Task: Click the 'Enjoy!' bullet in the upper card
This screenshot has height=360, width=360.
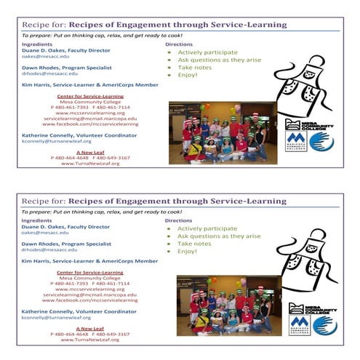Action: coord(187,75)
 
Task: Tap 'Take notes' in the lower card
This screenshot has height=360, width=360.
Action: coord(194,244)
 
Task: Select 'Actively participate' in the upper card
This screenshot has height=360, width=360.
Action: coord(202,52)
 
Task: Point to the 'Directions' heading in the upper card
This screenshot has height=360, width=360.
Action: coord(178,44)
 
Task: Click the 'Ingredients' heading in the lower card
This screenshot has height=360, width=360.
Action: coord(36,220)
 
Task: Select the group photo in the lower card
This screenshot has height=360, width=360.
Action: coord(228,305)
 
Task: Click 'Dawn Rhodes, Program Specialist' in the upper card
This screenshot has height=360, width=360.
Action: coord(66,68)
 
